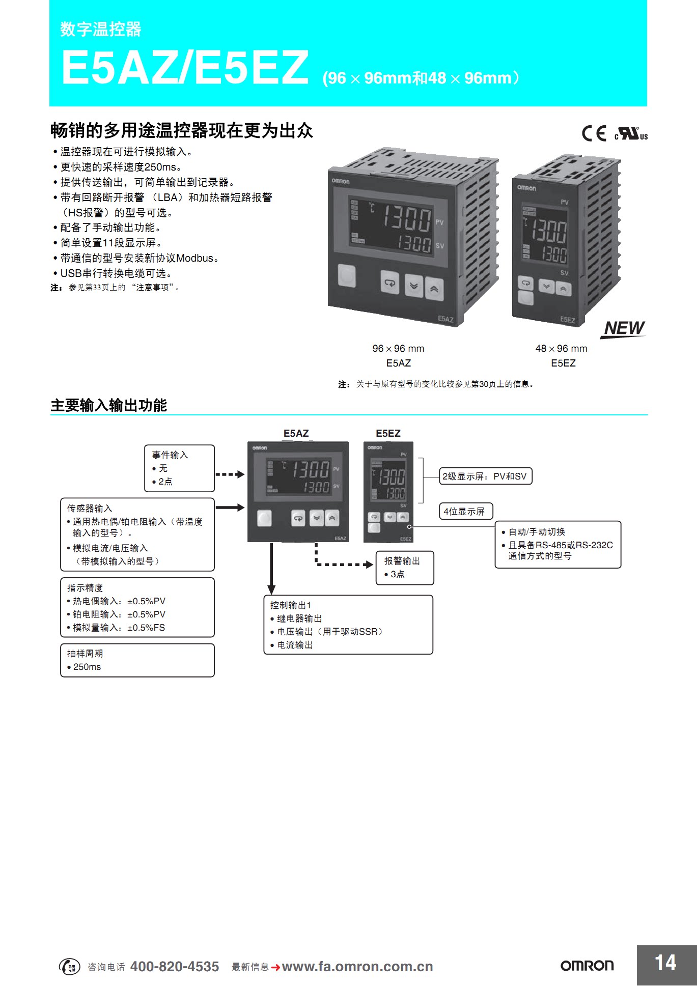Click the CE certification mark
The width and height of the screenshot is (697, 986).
tap(594, 133)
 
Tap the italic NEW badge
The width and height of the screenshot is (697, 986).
tap(624, 328)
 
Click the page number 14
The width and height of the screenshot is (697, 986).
tap(665, 963)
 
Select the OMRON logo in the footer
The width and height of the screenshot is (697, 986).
tap(587, 966)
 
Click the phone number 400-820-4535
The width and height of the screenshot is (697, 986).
tap(175, 967)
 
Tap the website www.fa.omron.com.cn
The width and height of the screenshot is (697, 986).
tap(357, 967)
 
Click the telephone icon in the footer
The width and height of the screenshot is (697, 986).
tap(70, 967)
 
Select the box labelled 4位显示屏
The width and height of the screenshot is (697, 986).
tap(465, 511)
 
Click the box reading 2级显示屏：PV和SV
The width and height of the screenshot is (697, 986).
tap(485, 476)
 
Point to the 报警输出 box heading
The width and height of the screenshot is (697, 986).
tap(402, 561)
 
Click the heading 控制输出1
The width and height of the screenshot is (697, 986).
tap(291, 605)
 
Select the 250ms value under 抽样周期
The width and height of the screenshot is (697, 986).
tap(87, 667)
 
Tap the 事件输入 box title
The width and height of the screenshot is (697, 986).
tap(170, 455)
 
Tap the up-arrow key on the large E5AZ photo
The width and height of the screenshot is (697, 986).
tap(434, 289)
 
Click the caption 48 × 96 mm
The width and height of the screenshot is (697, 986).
tap(561, 349)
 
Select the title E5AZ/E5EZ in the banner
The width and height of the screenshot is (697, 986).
tap(185, 68)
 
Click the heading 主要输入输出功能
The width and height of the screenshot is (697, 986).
tap(109, 405)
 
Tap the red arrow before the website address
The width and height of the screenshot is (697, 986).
tap(275, 967)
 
